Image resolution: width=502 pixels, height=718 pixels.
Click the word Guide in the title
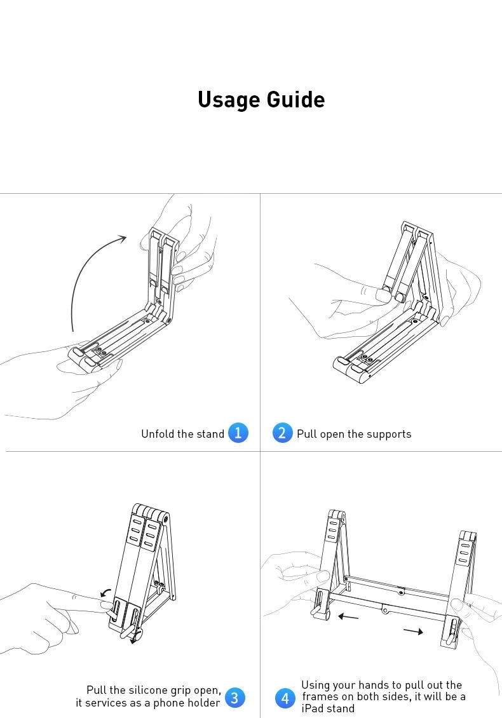(x=296, y=99)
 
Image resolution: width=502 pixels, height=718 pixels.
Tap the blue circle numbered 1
(x=238, y=433)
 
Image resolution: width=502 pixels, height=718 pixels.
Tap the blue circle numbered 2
(x=282, y=433)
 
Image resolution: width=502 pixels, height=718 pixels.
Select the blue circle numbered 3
(x=235, y=698)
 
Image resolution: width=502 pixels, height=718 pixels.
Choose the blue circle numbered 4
(x=285, y=698)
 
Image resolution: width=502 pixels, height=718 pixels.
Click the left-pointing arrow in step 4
(x=348, y=617)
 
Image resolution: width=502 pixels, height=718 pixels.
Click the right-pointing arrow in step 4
(x=413, y=632)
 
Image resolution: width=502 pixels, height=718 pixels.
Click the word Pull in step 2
(x=306, y=433)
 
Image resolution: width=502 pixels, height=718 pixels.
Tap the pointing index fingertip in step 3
(x=108, y=606)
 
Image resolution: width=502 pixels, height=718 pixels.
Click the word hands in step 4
(x=373, y=685)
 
